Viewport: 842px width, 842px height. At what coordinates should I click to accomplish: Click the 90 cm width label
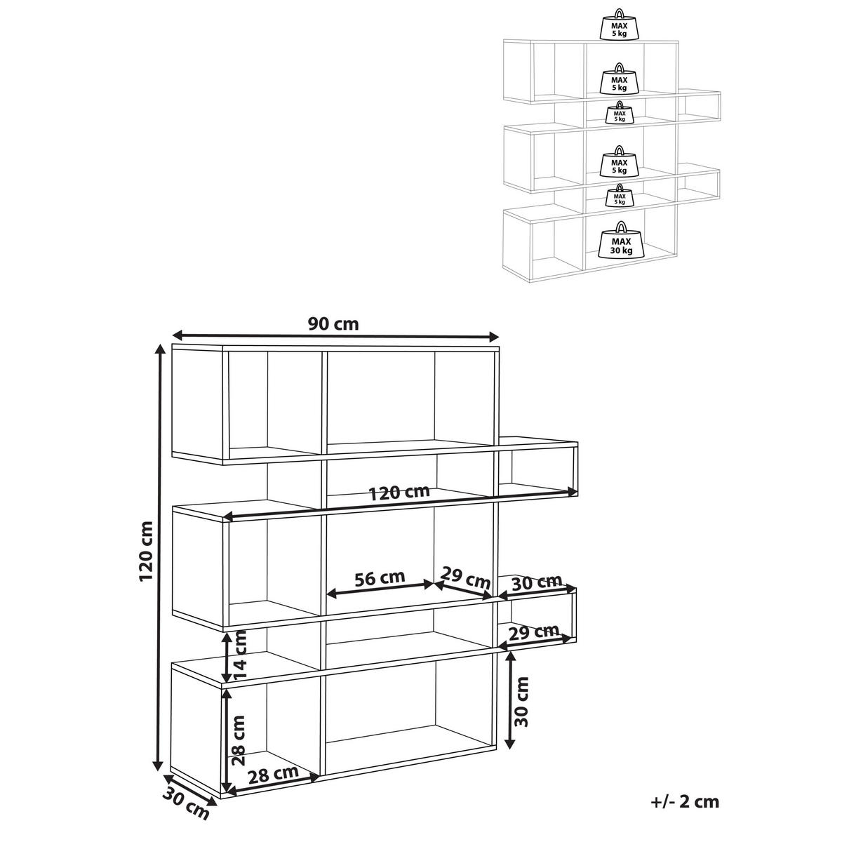coord(333,324)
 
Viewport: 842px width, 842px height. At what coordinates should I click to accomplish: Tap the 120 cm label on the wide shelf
coord(399,493)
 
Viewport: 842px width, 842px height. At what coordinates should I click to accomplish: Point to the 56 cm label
coord(380,578)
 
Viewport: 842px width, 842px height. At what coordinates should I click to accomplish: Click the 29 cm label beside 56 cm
coord(465,577)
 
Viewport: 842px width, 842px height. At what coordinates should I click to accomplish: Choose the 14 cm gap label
coord(240,655)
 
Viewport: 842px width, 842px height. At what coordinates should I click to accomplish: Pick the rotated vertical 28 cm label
coord(239,741)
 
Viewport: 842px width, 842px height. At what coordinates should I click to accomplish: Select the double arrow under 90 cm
coord(335,336)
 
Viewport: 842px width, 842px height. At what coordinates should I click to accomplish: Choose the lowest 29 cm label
coord(534,632)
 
